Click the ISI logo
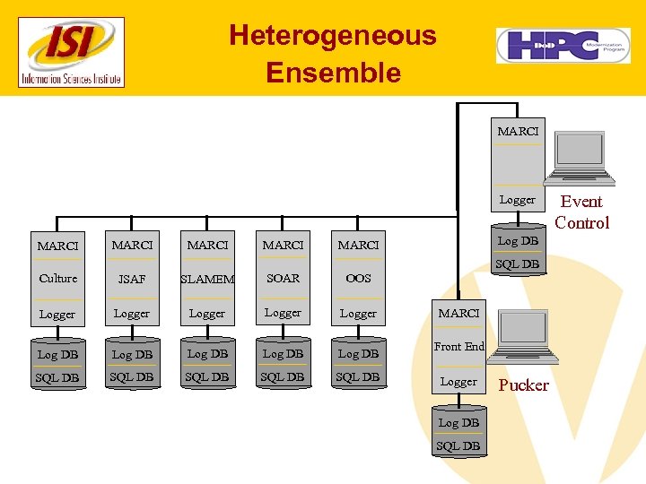tap(72, 53)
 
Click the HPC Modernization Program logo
tap(563, 45)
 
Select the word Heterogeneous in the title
tap(332, 36)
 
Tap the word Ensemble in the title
tap(333, 73)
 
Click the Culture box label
tap(58, 279)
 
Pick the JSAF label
tap(132, 280)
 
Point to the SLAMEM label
tap(207, 280)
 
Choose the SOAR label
tap(283, 279)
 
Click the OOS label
tap(358, 279)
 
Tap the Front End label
tap(458, 347)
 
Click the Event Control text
tap(581, 212)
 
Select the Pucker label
tap(523, 385)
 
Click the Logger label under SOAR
tap(283, 313)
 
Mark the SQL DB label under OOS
tap(358, 377)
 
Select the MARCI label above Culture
tap(58, 246)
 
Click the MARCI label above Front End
tap(458, 314)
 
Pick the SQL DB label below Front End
tap(458, 445)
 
